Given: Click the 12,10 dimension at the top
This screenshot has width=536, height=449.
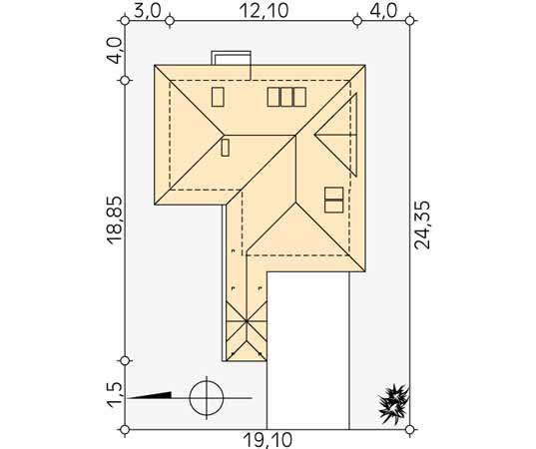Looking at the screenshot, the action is click(x=264, y=11).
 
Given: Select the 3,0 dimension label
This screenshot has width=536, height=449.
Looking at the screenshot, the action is click(x=147, y=11).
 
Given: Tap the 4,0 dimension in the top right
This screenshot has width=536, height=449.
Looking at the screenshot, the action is click(x=383, y=11).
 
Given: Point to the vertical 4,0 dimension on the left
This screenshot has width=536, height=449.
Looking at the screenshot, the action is click(x=115, y=51).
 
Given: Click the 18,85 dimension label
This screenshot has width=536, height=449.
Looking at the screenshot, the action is click(x=115, y=221).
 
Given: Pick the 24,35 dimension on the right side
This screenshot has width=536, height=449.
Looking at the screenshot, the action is click(x=422, y=224).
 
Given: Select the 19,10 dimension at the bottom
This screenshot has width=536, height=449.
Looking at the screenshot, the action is click(x=268, y=440).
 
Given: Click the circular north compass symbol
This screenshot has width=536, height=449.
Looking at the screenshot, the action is click(x=207, y=398).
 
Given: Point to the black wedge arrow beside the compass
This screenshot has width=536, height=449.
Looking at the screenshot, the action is click(x=151, y=395).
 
